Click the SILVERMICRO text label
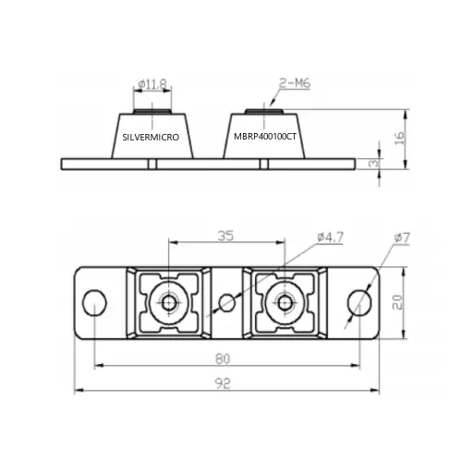point(151,137)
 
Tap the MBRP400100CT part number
point(265,137)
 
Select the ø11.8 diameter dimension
point(152,84)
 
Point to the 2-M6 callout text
point(295,83)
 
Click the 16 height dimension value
point(399,139)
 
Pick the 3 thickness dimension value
point(373,164)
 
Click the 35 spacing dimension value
point(225,236)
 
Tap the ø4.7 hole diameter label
point(330,237)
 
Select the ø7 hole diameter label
point(402,237)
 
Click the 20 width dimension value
point(397,302)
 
